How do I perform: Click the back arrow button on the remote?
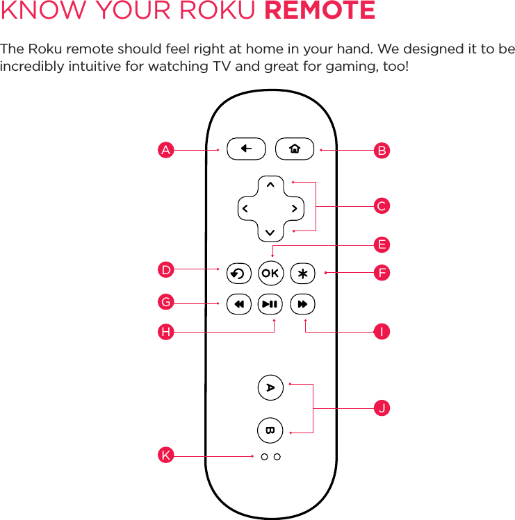(246, 149)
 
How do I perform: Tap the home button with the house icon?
(295, 149)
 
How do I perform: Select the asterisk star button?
(302, 274)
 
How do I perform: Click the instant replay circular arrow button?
(238, 274)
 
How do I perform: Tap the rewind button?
(238, 304)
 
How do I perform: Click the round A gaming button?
(270, 387)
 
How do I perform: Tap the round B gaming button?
(270, 430)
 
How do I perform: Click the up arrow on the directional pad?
(270, 185)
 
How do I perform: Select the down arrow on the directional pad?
(270, 231)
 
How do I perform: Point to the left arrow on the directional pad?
(245, 208)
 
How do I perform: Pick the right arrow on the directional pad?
(295, 208)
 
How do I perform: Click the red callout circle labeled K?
(165, 455)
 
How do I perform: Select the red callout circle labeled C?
(381, 206)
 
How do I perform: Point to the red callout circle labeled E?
(381, 244)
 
